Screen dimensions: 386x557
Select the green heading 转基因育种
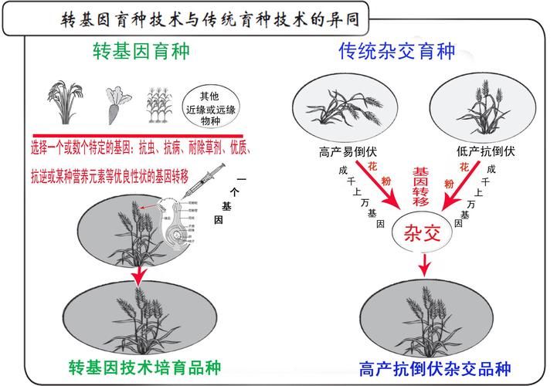141,52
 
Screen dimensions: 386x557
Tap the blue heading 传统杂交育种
397,52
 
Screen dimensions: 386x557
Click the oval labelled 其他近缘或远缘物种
209,104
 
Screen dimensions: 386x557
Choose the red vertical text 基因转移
420,186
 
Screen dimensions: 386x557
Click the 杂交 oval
423,232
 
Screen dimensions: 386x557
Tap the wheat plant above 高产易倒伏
340,108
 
